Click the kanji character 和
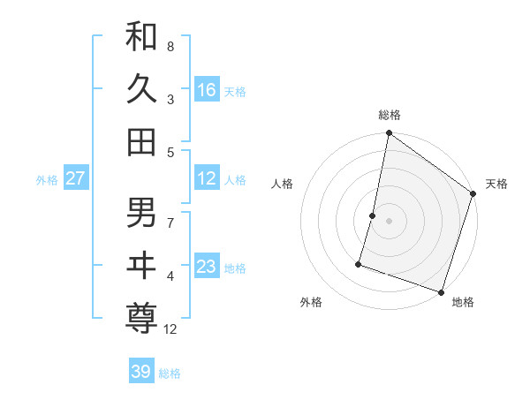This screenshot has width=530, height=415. pos(141,38)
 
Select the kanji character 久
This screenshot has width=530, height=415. pos(141,89)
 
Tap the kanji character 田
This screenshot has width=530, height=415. pos(141,140)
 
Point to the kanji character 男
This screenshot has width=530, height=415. pos(141,212)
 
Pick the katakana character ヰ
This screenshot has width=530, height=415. pos(141,264)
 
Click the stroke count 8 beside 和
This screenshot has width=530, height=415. pos(170,46)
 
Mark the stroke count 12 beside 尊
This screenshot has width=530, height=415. pos(171,329)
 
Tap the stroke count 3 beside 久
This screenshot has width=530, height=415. pos(170,101)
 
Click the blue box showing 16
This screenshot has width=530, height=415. pos(207,89)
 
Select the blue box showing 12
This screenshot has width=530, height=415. pos(207,178)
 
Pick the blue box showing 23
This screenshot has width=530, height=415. pos(207,267)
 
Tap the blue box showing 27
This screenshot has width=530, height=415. pos(76,178)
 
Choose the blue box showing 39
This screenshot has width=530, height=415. pos(141,372)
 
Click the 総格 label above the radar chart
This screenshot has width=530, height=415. pos(390,115)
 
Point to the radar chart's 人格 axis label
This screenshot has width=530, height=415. pos(282,184)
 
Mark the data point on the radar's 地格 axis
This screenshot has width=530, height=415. pos(441,291)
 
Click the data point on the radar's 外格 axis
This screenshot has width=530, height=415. pos(360,263)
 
